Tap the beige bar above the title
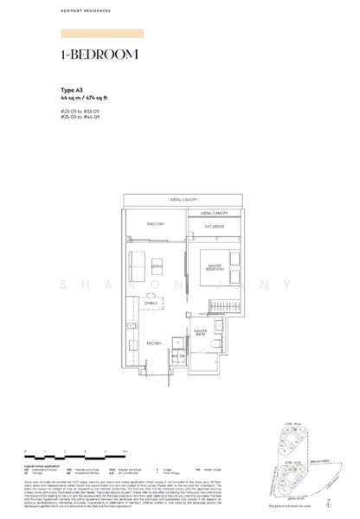[x=102, y=34]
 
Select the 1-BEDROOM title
[x=100, y=54]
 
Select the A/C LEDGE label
[x=213, y=227]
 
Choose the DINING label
[x=151, y=303]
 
